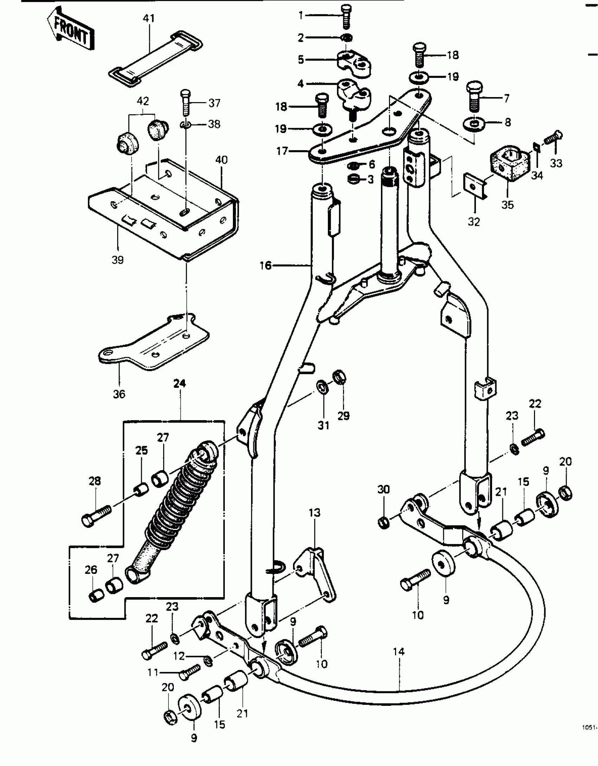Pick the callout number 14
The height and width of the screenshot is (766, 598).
399,651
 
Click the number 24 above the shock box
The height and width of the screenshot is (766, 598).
179,384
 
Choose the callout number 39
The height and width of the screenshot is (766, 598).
117,260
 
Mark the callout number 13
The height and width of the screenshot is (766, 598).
314,512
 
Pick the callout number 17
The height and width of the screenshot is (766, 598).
282,151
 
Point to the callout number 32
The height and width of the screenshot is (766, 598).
474,222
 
